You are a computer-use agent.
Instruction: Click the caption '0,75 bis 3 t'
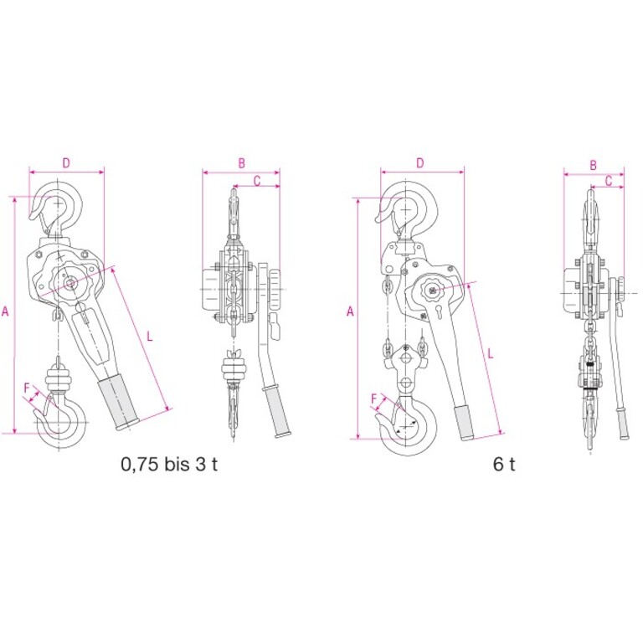click(x=169, y=464)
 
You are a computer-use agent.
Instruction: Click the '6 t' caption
click(x=504, y=464)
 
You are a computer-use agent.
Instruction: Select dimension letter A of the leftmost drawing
click(x=5, y=311)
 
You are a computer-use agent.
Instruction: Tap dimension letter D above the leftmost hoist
click(x=66, y=163)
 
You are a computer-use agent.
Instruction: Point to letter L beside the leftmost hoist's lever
click(x=150, y=337)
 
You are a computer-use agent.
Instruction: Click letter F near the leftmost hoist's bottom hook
click(x=27, y=388)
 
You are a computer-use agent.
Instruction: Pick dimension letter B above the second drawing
click(x=241, y=163)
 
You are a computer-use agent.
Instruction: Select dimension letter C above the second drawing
click(x=257, y=181)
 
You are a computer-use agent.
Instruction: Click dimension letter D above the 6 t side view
click(x=420, y=163)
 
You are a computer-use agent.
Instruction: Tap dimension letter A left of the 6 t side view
click(x=350, y=311)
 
